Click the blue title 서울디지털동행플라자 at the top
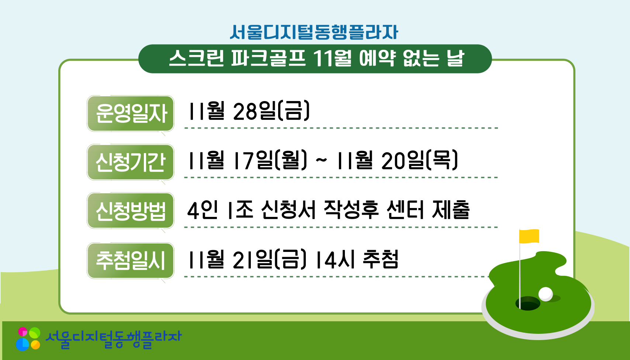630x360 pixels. click(x=314, y=32)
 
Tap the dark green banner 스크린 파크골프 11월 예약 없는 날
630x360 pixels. click(x=315, y=59)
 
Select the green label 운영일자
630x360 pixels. click(x=131, y=113)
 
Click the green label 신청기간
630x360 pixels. click(x=131, y=162)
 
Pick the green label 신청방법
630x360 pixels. click(x=131, y=211)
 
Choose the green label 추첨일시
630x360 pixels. click(x=131, y=260)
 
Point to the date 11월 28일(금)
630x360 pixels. click(x=249, y=111)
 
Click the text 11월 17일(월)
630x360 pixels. click(x=247, y=160)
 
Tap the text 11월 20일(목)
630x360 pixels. click(x=397, y=160)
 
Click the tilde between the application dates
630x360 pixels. click(x=321, y=160)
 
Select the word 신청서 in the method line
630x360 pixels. click(x=288, y=210)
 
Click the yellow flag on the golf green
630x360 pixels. click(x=529, y=236)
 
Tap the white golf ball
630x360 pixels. click(x=546, y=294)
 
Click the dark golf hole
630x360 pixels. click(x=528, y=304)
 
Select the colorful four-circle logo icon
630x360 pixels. click(x=28, y=339)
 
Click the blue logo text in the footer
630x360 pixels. click(x=114, y=339)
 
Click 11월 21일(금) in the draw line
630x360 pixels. click(x=247, y=259)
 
